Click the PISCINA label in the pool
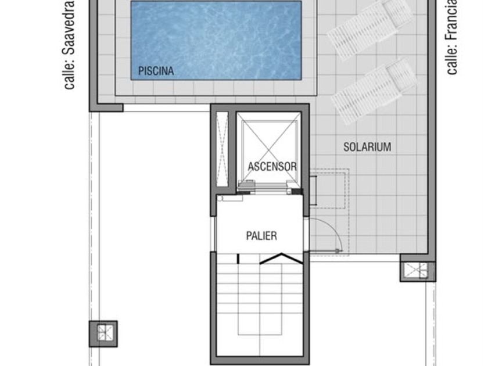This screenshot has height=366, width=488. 156,71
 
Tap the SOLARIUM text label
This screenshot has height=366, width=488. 367,147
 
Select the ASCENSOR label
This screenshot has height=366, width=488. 272,167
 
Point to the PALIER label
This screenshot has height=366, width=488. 261,236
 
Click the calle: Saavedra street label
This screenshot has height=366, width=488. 69,45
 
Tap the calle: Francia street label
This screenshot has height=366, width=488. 452,37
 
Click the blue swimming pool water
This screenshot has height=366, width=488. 216,41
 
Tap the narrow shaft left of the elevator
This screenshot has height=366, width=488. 222,149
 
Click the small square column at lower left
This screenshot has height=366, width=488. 103,333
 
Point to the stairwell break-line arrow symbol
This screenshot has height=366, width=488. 281,259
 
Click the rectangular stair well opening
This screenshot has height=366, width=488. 260,299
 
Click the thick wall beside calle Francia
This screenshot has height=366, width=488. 432,131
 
